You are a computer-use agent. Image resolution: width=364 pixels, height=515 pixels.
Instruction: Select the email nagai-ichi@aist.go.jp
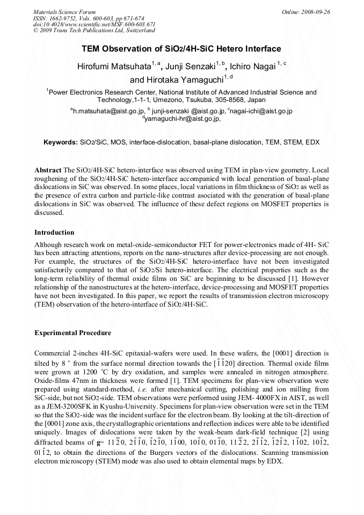click(261, 111)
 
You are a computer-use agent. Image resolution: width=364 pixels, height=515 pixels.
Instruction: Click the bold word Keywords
click(61, 142)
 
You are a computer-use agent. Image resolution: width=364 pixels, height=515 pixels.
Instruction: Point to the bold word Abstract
click(48, 170)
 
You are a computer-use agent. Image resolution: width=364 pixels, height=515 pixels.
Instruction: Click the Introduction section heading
click(54, 233)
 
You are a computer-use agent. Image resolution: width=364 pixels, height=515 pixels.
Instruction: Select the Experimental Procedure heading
click(72, 333)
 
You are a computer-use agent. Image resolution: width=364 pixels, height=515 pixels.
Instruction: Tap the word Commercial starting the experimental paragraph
click(53, 353)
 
